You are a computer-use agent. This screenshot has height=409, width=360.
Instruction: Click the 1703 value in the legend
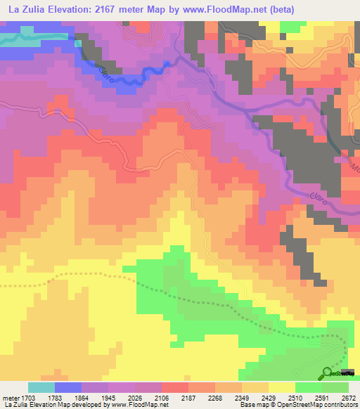coord(26,397)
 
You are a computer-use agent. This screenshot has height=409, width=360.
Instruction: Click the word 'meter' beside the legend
coord(9,397)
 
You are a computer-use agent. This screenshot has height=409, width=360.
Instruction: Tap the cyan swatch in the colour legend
coord(41,387)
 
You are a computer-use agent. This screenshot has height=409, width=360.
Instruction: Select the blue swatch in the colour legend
coord(68,387)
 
